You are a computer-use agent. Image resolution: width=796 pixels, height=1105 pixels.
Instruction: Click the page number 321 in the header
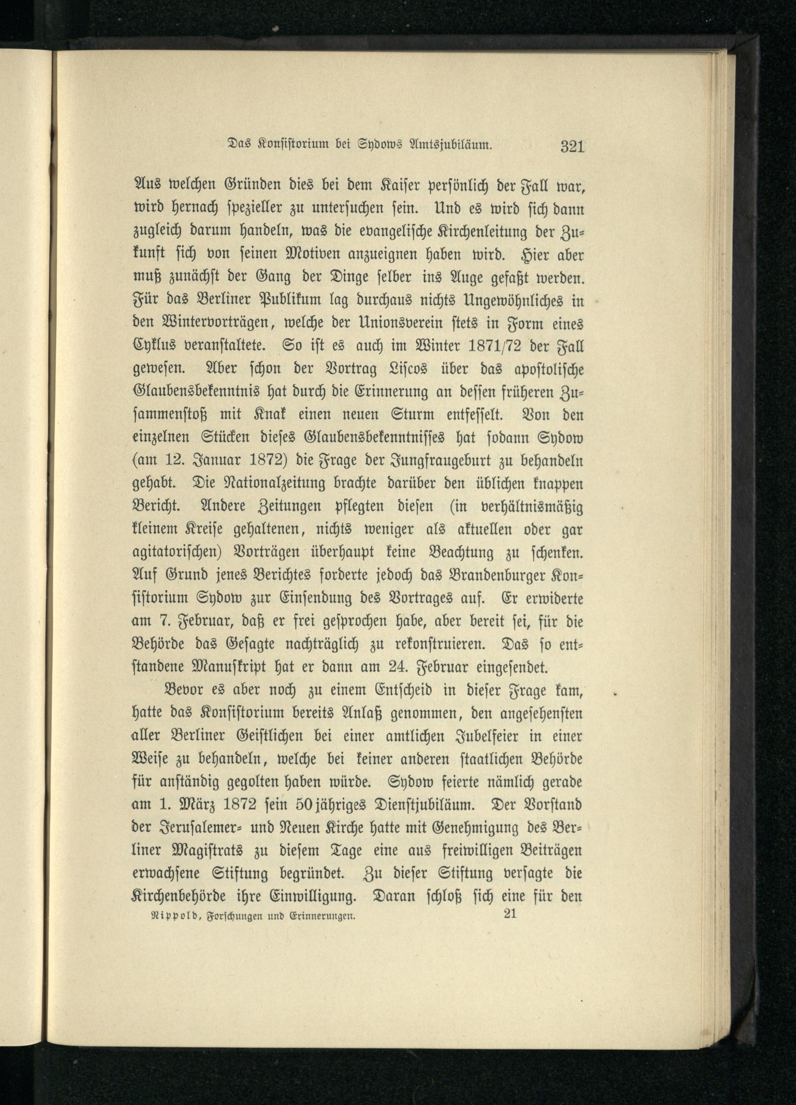[x=572, y=146]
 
